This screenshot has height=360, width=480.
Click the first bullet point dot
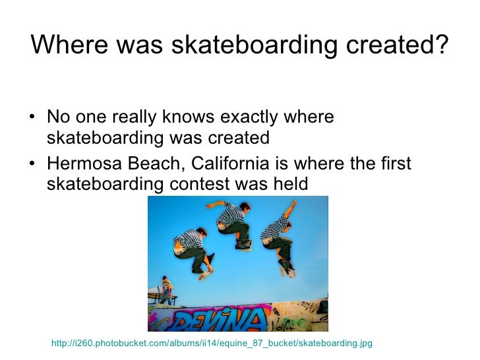pos(33,119)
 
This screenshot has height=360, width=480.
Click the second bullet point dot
pos(33,163)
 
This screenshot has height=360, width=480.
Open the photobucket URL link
pos(212,343)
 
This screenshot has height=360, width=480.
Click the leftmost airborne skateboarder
pos(194,249)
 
